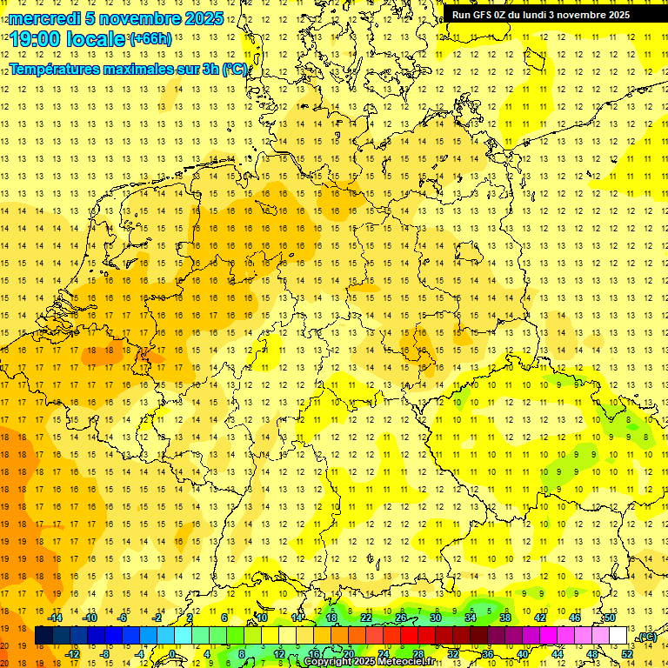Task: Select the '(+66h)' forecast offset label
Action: (x=150, y=38)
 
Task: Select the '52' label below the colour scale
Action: (x=626, y=654)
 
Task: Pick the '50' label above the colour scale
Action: (x=609, y=618)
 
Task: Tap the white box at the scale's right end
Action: (x=618, y=636)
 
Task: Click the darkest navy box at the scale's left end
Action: (x=43, y=636)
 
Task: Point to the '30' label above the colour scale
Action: (x=435, y=618)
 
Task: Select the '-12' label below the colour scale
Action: (x=72, y=654)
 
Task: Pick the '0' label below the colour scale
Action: (x=172, y=654)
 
